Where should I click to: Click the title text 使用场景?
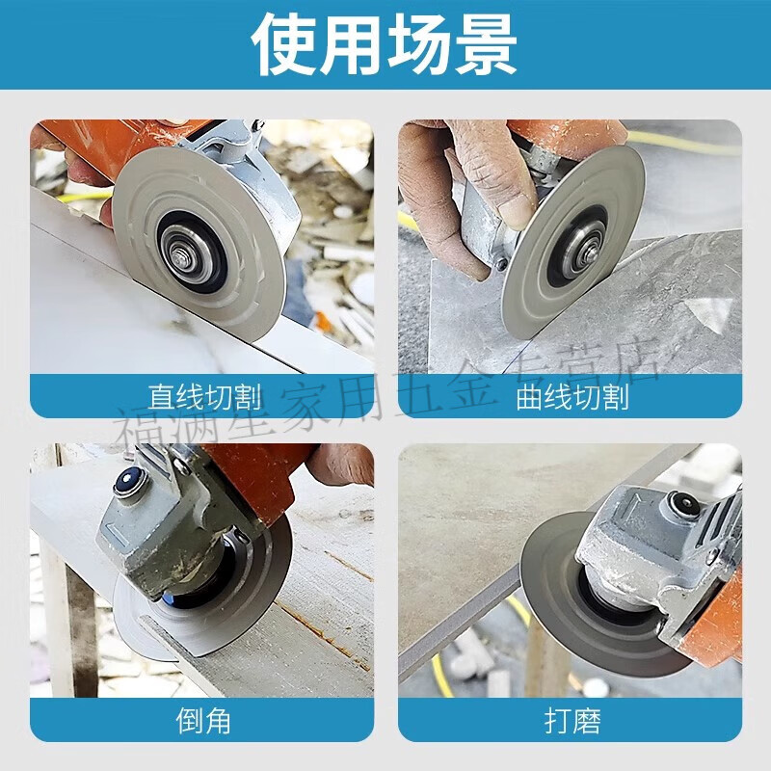pyautogui.click(x=385, y=44)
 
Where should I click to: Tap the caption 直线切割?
pyautogui.click(x=204, y=396)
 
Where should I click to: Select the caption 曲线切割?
pyautogui.click(x=572, y=396)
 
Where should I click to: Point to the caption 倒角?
pyautogui.click(x=203, y=719)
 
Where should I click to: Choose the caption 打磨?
pyautogui.click(x=572, y=719)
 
